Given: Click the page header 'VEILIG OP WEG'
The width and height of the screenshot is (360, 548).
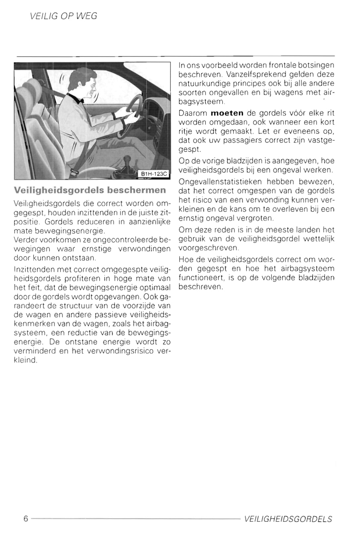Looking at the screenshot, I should (63, 16).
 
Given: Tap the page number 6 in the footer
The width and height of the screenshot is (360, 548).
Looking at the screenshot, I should (26, 519).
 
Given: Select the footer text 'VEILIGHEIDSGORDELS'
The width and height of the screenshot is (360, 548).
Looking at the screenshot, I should (288, 519).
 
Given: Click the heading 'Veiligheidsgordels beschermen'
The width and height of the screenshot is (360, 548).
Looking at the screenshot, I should (90, 190).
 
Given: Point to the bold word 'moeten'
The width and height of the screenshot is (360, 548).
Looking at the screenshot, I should (227, 113).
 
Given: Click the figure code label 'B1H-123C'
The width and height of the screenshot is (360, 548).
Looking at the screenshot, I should (154, 174).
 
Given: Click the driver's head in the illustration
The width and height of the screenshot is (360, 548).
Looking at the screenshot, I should (85, 82).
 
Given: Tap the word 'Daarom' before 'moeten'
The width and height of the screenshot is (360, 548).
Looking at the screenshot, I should (193, 113).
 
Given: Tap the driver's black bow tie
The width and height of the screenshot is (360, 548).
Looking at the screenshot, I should (79, 98).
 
